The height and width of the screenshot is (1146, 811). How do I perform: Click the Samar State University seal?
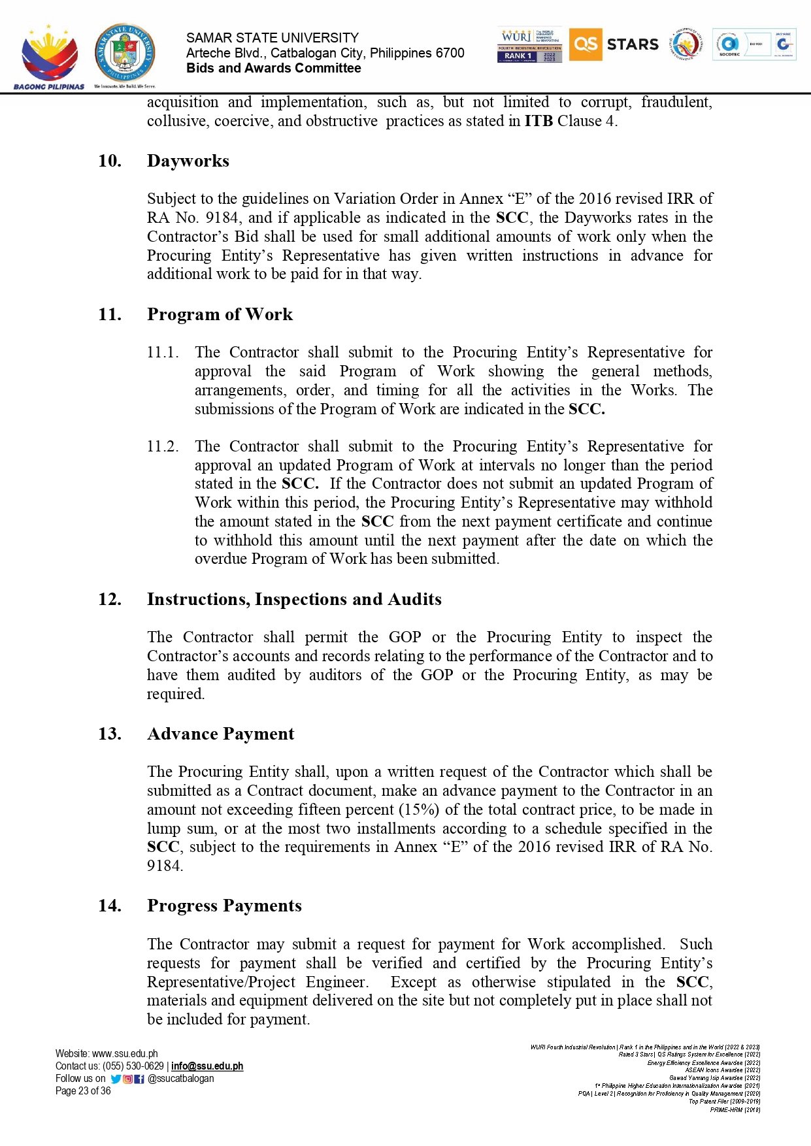pos(125,54)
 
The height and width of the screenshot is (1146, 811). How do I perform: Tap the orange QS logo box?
pos(585,44)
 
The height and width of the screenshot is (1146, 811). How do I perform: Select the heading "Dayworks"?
pos(188,161)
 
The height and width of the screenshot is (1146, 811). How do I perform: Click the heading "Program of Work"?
pos(220,314)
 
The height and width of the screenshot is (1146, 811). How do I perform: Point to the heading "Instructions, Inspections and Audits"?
pos(294,599)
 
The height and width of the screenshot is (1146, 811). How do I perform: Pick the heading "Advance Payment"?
pos(221,734)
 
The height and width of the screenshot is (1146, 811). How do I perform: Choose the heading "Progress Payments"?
pos(224,906)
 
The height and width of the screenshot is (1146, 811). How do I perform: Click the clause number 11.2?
pos(163,446)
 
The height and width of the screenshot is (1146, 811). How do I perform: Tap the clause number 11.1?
pos(163,352)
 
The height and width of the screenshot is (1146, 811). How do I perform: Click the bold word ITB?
pos(538,121)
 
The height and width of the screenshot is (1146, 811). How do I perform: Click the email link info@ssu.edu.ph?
pos(207,1066)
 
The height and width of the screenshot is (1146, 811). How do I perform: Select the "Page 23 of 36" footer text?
pos(83,1091)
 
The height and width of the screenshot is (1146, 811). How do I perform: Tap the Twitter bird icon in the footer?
pos(116,1079)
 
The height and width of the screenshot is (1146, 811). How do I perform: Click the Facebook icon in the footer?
pos(139,1079)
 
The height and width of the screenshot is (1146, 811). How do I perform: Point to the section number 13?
pos(110,734)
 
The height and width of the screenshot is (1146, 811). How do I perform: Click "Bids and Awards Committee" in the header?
pos(273,68)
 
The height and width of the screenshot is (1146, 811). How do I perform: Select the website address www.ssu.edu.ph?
pos(125,1054)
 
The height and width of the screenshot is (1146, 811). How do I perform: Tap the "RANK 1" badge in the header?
pos(518,56)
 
